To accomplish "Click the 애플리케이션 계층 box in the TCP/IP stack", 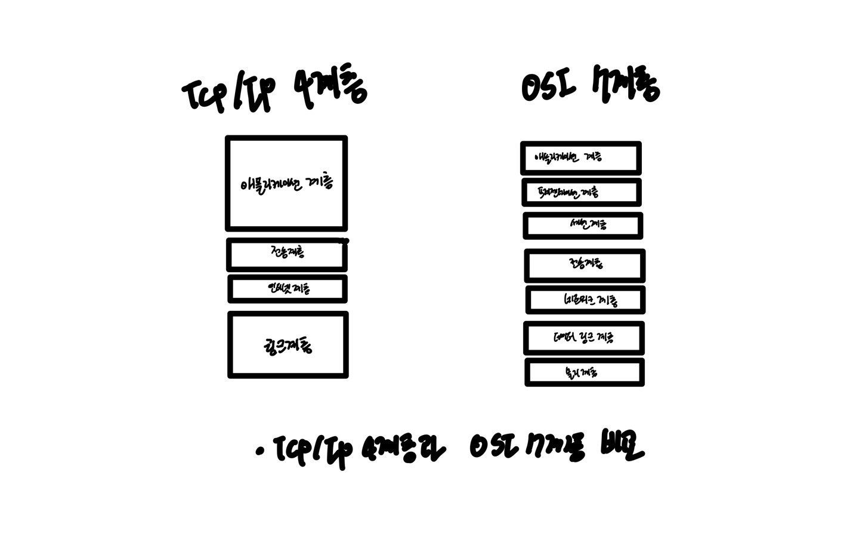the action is pos(286,183).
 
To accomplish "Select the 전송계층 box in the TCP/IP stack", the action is pos(286,254).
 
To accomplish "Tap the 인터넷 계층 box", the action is pos(288,289).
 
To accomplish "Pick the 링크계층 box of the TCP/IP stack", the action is pos(288,345).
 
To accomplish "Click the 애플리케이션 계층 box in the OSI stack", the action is pos(580,158).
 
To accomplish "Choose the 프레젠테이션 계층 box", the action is pos(581,192).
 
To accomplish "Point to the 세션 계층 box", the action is pos(583,226).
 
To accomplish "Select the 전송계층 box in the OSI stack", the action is pos(585,265).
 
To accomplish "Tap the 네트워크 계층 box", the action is pos(585,300).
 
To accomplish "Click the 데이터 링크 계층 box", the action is pos(583,338).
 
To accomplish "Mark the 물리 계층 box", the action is pos(584,372).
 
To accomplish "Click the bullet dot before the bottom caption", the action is pos(259,452).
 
